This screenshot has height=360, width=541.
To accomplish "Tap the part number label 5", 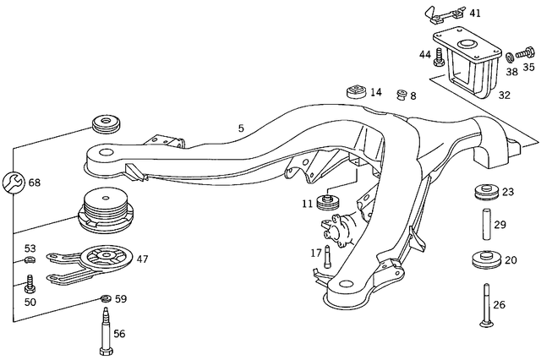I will click(x=241, y=128).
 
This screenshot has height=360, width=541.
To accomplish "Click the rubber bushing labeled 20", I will click(x=484, y=259).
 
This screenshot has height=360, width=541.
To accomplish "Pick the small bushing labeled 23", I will click(x=484, y=191).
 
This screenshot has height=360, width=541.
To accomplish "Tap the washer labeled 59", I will click(x=103, y=298).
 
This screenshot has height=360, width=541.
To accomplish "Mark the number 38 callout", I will click(x=511, y=72).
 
